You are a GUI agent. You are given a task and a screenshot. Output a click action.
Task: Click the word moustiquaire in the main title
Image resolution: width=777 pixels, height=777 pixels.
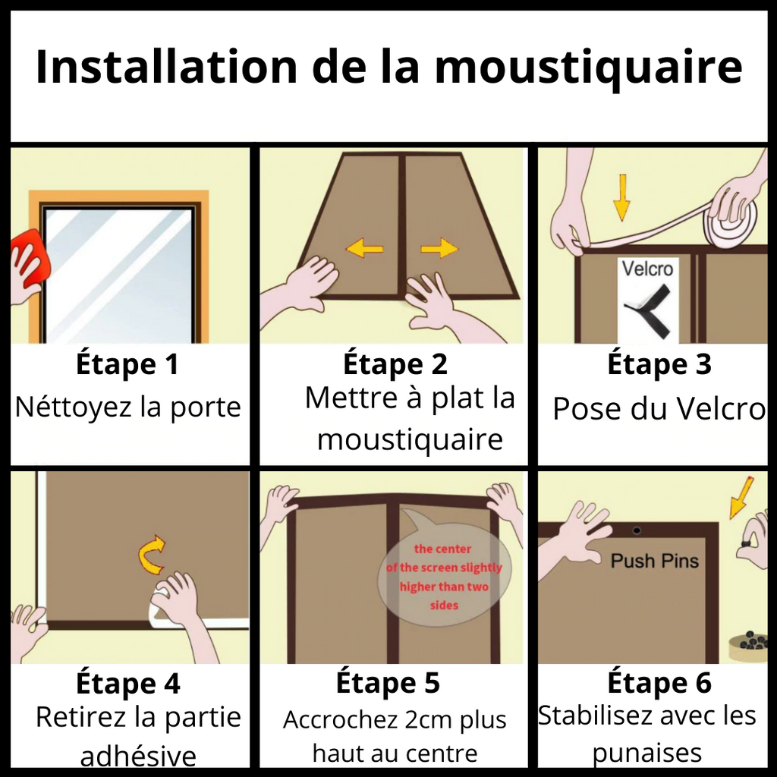coord(588,67)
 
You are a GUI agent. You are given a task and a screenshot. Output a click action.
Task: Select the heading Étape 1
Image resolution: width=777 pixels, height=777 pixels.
coord(127,364)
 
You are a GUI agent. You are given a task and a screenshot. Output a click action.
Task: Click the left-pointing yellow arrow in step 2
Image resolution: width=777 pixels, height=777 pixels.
coord(364,247)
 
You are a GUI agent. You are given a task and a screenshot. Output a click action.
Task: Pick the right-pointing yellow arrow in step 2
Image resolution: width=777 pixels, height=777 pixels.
coord(439,247)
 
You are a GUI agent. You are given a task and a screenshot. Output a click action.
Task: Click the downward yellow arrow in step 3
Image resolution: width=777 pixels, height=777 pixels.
coord(621,197)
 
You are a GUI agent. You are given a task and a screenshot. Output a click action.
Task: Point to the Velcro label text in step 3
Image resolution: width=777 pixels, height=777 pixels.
coord(646,269)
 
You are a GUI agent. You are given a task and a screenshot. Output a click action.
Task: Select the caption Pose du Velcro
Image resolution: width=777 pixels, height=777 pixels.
coord(658,409)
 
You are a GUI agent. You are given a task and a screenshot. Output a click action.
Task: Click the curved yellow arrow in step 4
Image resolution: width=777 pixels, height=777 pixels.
coord(151,555)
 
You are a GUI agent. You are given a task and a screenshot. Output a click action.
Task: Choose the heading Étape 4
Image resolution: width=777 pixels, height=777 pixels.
coord(127,684)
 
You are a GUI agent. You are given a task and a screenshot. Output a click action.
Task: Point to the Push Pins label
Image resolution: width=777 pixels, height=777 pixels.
coord(654,562)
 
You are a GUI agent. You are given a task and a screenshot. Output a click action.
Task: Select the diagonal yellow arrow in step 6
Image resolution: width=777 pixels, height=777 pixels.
coord(742,496)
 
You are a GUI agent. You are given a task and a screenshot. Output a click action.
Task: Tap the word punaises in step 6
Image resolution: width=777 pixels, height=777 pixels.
coord(646,753)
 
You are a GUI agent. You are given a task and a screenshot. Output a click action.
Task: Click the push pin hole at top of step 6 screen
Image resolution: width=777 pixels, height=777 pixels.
coord(637,530)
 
